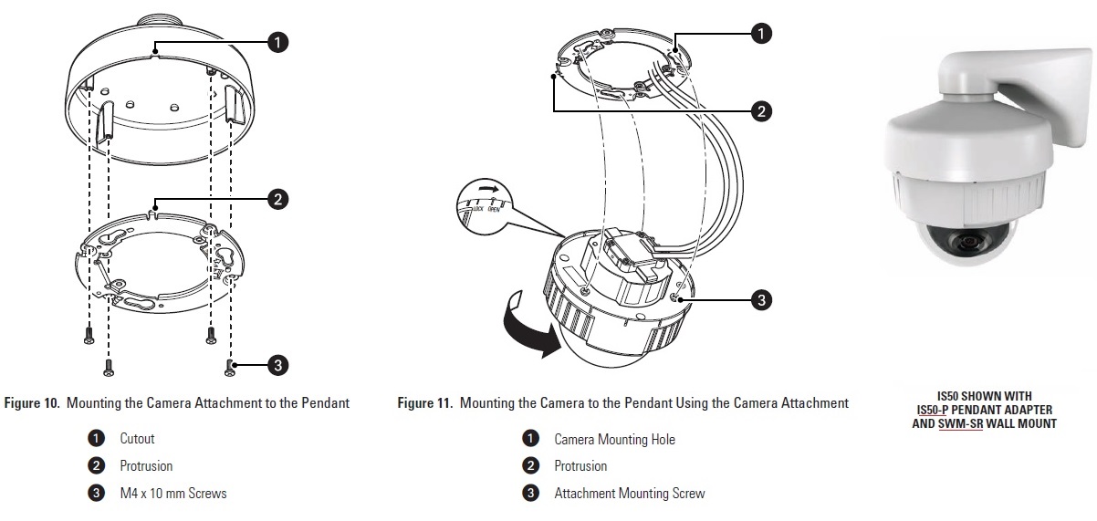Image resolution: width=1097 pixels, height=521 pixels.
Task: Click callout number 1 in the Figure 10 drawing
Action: click(277, 41)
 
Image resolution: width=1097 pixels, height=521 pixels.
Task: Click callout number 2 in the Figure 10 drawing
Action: click(277, 198)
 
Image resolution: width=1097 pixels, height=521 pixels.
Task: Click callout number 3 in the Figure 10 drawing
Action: click(277, 366)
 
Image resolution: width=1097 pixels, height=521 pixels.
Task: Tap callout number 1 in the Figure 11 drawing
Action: click(760, 33)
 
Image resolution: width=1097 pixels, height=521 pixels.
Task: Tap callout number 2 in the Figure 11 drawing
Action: click(760, 111)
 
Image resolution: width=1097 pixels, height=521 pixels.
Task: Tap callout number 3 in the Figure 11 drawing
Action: click(760, 298)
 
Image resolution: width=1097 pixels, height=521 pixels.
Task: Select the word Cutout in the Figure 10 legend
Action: click(137, 439)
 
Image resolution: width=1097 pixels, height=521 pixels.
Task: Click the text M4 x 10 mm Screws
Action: click(172, 493)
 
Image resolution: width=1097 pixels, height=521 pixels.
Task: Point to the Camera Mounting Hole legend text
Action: click(614, 439)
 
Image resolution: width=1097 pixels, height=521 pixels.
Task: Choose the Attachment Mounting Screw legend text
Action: click(629, 493)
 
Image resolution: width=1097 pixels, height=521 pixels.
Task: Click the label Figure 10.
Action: click(33, 402)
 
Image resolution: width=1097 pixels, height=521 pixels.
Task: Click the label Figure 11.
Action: click(426, 402)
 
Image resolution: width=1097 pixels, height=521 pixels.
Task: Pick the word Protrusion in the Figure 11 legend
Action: click(580, 466)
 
